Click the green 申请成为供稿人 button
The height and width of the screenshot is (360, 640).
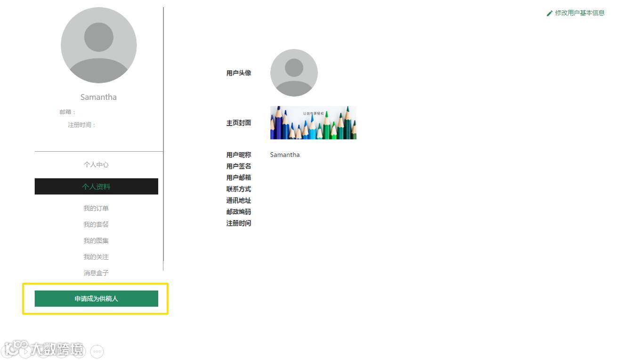pyautogui.click(x=96, y=299)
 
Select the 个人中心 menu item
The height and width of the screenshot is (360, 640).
pyautogui.click(x=96, y=164)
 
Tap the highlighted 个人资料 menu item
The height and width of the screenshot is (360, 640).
pyautogui.click(x=96, y=187)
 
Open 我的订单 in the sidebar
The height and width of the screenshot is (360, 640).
pyautogui.click(x=96, y=208)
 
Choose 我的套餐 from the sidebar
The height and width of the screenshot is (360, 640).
pyautogui.click(x=96, y=224)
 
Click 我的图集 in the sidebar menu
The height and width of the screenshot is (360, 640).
pyautogui.click(x=96, y=241)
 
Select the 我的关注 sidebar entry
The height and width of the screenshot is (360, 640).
pyautogui.click(x=96, y=257)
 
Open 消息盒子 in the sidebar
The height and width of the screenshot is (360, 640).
pyautogui.click(x=96, y=273)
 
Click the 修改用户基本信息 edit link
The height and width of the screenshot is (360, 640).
pyautogui.click(x=579, y=13)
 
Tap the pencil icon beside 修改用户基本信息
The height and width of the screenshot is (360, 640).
pyautogui.click(x=549, y=14)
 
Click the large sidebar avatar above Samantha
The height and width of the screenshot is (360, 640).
pyautogui.click(x=99, y=45)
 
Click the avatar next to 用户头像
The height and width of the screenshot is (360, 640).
pyautogui.click(x=294, y=73)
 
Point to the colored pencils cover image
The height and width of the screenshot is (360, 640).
pyautogui.click(x=313, y=123)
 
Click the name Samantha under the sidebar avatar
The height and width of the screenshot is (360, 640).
pyautogui.click(x=98, y=97)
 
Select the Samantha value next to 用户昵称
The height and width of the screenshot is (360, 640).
pyautogui.click(x=285, y=155)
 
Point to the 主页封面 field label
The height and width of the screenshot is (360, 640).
pyautogui.click(x=239, y=123)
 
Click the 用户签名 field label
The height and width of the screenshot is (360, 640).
pyautogui.click(x=239, y=166)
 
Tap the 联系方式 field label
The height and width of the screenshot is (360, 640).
pyautogui.click(x=239, y=189)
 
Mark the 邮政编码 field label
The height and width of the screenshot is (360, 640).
pyautogui.click(x=239, y=212)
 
